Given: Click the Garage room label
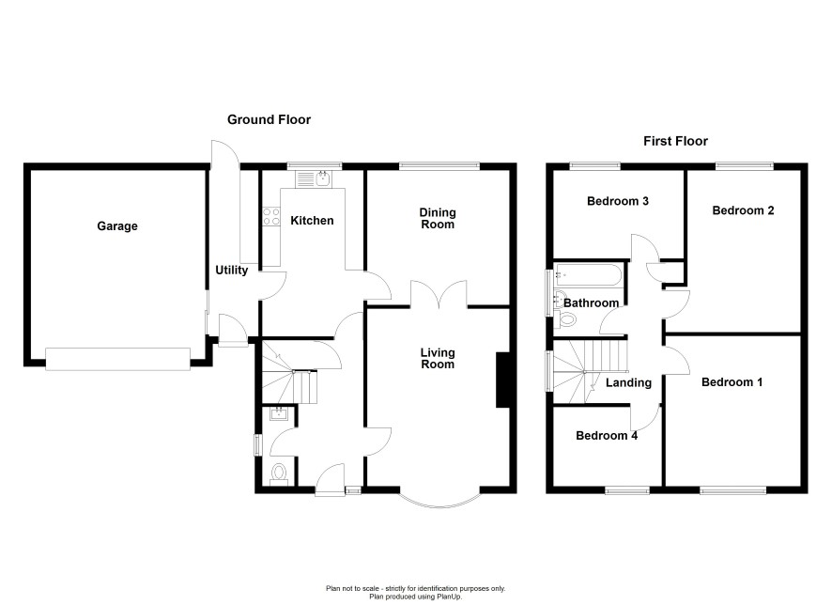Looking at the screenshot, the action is point(117,226).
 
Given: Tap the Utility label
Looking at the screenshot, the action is point(232,271).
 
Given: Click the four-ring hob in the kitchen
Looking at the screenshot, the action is point(271,216).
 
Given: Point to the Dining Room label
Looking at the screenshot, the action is point(438,218).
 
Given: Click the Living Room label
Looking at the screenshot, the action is point(438,358).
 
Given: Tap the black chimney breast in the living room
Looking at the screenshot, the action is point(503,380).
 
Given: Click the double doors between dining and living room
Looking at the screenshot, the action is point(439,295).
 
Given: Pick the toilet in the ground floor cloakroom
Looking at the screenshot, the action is point(279,473).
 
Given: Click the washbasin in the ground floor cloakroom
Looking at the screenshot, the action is point(279,413).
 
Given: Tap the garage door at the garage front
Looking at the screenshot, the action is point(117,359).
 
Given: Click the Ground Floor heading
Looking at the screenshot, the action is point(269,120).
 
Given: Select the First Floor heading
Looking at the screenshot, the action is point(675,141).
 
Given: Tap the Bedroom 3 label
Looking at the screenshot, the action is point(618,201).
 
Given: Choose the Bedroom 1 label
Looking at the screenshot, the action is point(732,382).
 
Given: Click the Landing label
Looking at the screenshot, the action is point(629,382).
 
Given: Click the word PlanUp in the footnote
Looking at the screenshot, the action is point(435,597).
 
